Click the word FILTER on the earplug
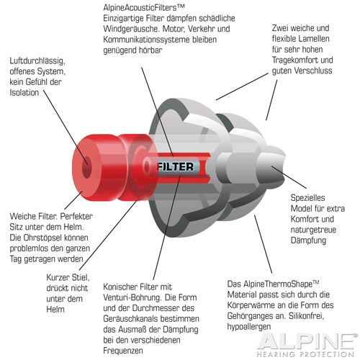pyautogui.click(x=176, y=167)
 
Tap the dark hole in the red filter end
pyautogui.click(x=86, y=167)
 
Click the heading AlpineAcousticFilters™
pyautogui.click(x=144, y=7)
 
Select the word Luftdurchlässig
pyautogui.click(x=37, y=60)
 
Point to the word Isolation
pyautogui.click(x=24, y=92)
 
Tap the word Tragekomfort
pyautogui.click(x=295, y=60)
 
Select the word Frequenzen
pyautogui.click(x=123, y=351)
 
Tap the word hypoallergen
pyautogui.click(x=249, y=327)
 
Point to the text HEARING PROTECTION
pyautogui.click(x=305, y=354)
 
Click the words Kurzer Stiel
pyautogui.click(x=68, y=278)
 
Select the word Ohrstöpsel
pyautogui.click(x=44, y=238)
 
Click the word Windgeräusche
pyautogui.click(x=130, y=29)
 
